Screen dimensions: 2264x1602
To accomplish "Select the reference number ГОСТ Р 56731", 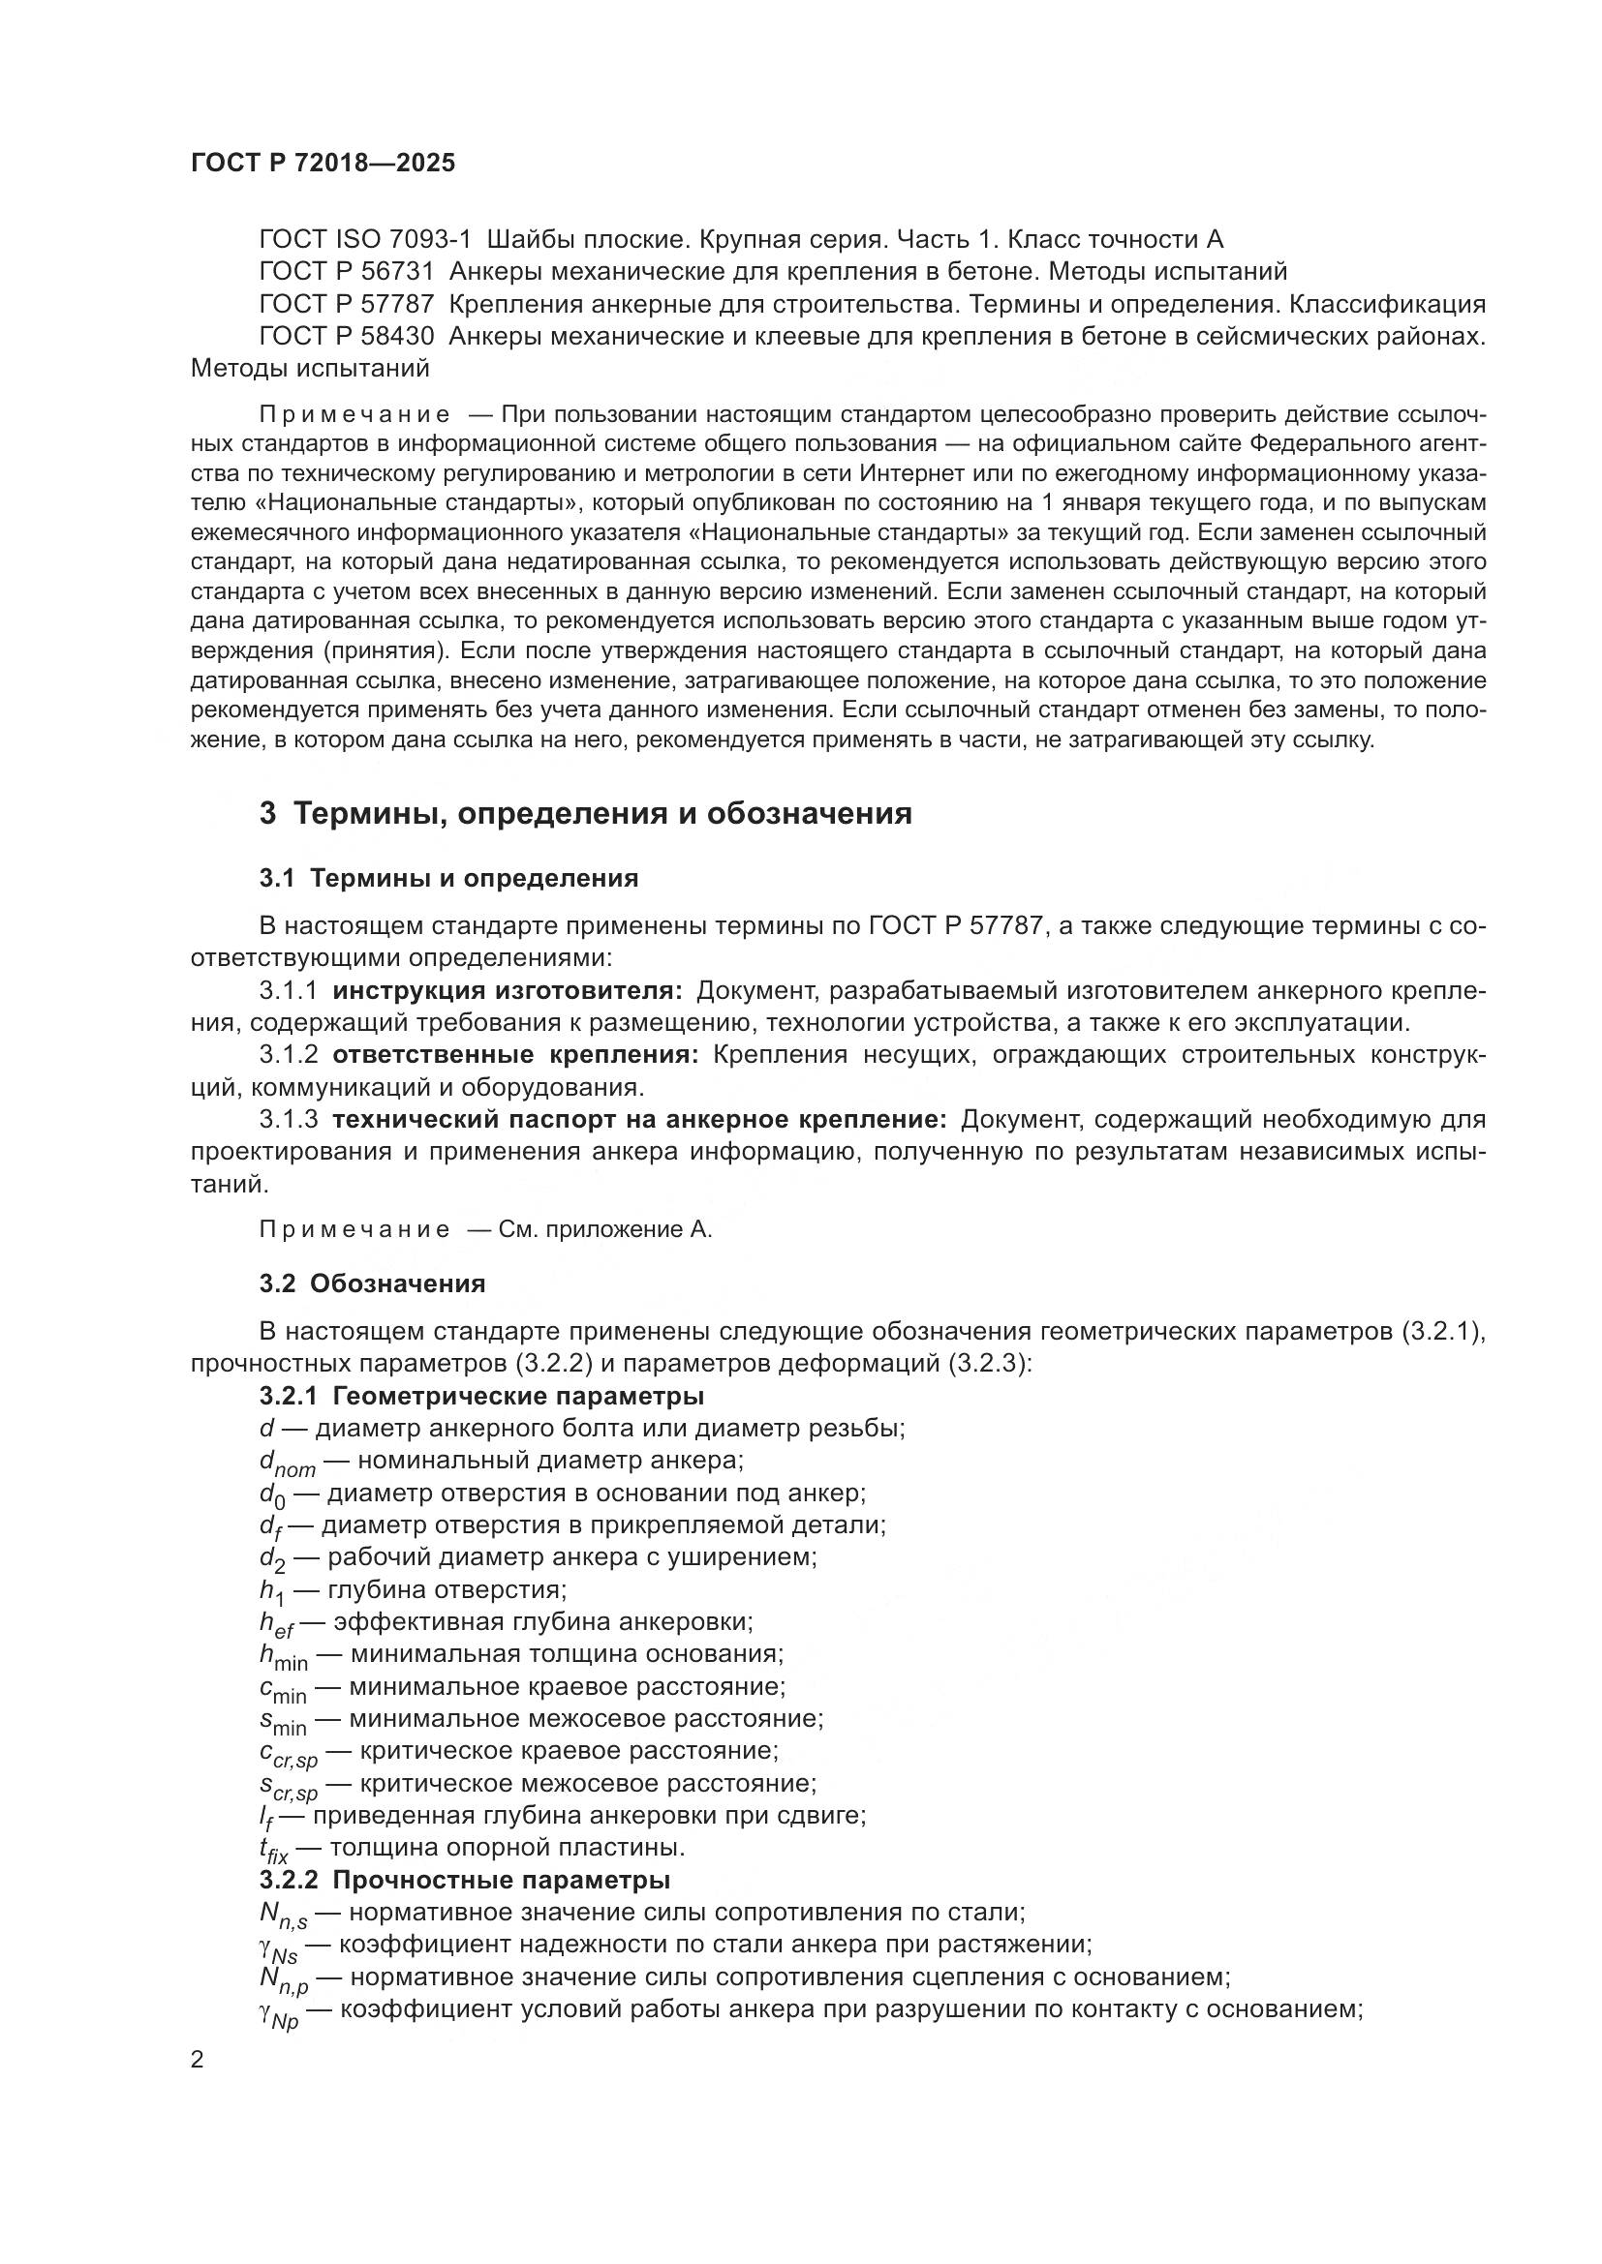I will (x=346, y=272).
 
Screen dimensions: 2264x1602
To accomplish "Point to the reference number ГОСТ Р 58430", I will (x=346, y=337).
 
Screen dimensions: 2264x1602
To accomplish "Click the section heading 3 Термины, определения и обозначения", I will (x=585, y=813).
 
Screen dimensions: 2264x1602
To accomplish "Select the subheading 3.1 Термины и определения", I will (x=448, y=879).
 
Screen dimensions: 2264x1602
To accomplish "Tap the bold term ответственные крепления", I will (x=515, y=1055).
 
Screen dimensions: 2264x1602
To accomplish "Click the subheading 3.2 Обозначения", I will (x=373, y=1283).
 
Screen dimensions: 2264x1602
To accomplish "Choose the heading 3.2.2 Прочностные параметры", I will (x=465, y=1881).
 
